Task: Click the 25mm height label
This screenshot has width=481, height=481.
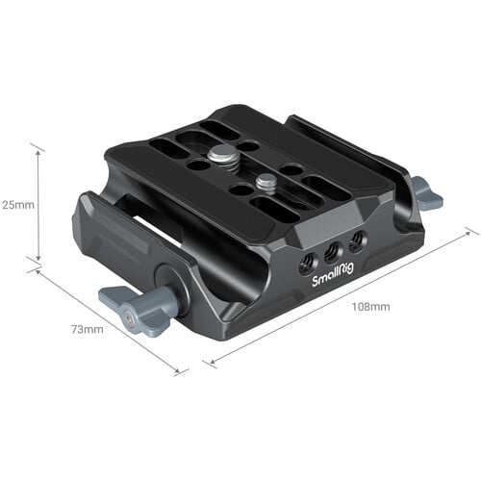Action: click(16, 204)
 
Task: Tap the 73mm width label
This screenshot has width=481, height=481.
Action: click(86, 330)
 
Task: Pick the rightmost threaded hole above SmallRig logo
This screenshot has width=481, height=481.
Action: click(355, 240)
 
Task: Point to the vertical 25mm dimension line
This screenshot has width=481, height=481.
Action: click(38, 204)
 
